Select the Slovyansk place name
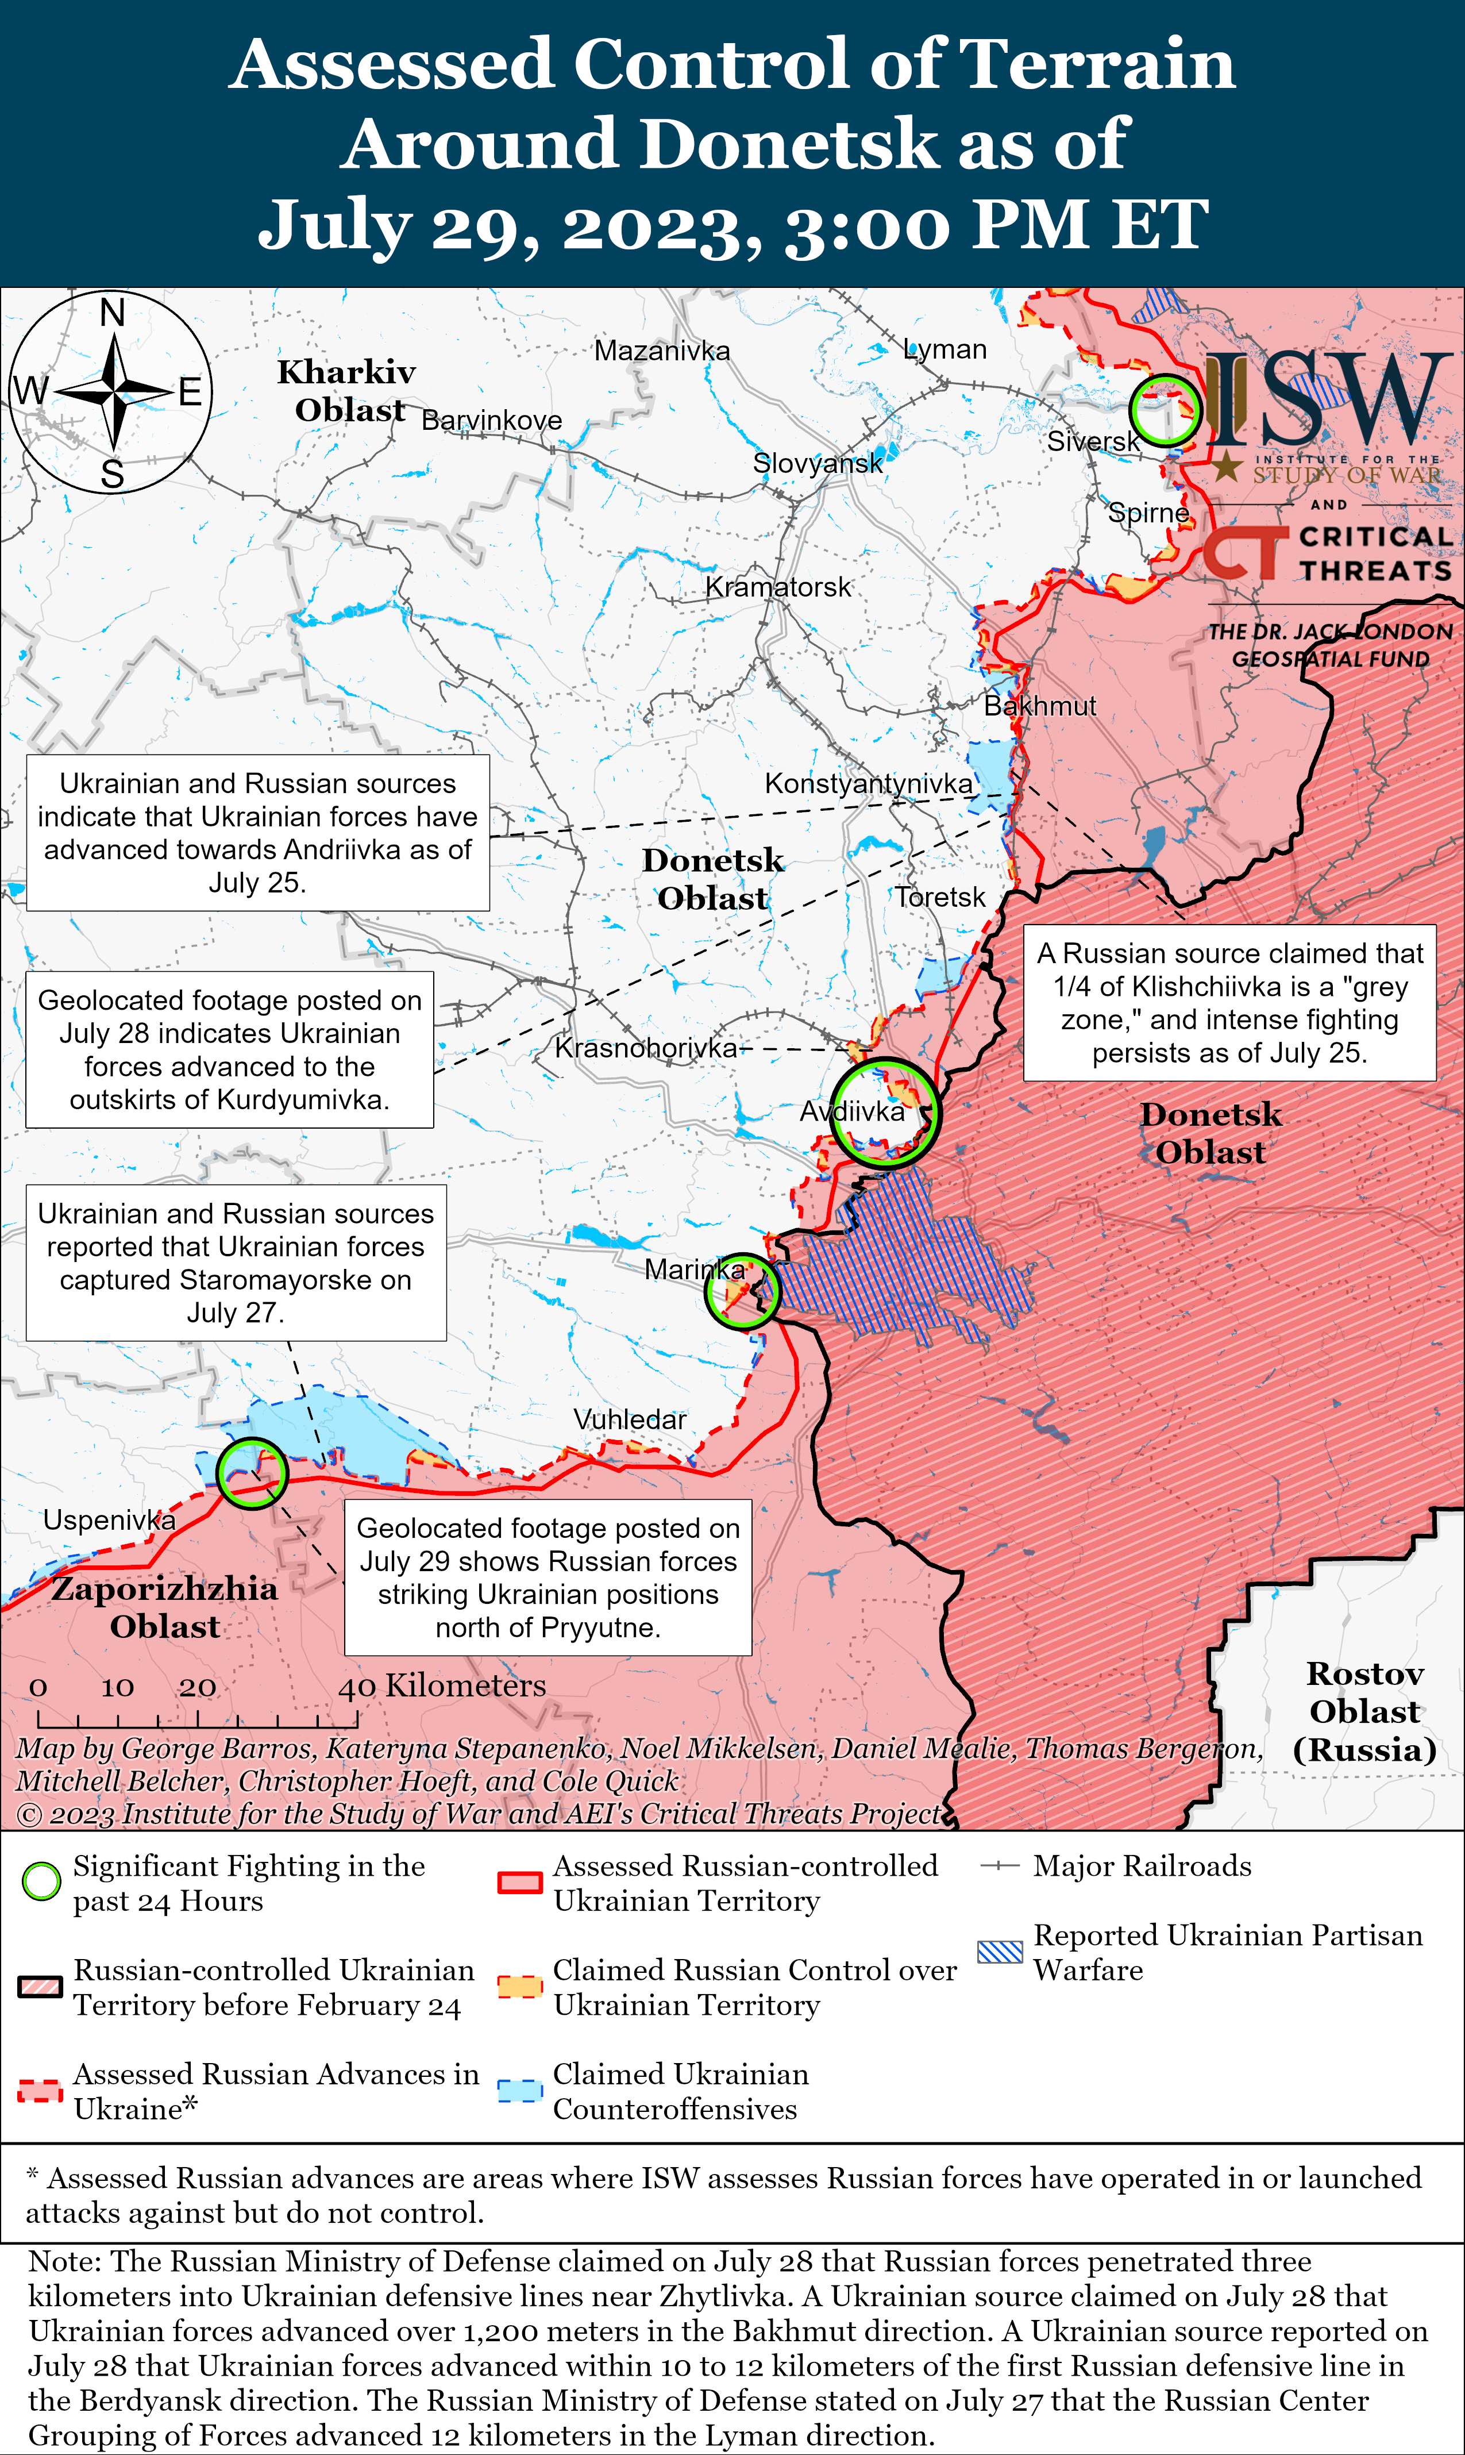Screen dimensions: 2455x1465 pyautogui.click(x=818, y=463)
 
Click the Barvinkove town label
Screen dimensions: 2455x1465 pyautogui.click(x=492, y=421)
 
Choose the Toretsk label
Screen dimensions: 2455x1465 pyautogui.click(x=940, y=896)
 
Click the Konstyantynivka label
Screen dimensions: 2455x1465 pyautogui.click(x=868, y=783)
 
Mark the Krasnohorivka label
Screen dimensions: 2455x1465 pyautogui.click(x=646, y=1048)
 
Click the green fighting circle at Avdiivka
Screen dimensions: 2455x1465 pyautogui.click(x=885, y=1113)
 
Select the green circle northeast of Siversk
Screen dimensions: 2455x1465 pyautogui.click(x=1165, y=410)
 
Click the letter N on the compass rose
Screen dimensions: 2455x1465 pyautogui.click(x=113, y=313)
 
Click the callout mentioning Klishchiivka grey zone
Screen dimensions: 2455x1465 pyautogui.click(x=1229, y=1002)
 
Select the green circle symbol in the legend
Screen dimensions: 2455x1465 pyautogui.click(x=41, y=1882)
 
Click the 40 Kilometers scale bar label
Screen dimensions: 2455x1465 pyautogui.click(x=441, y=1686)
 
